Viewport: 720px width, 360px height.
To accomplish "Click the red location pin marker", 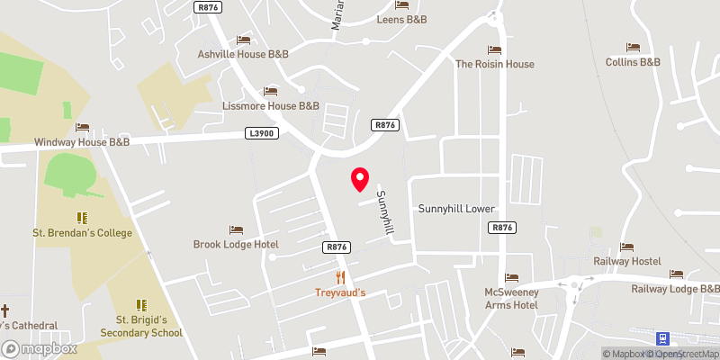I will [x=360, y=179].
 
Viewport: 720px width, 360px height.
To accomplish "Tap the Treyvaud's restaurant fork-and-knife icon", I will [x=340, y=277].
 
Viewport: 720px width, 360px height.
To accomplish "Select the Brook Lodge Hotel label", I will [x=236, y=244].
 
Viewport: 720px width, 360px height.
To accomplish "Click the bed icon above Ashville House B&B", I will [x=242, y=40].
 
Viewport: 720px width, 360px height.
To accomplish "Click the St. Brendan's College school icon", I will [x=82, y=218].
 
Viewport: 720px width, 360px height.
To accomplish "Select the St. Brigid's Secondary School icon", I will [x=140, y=305].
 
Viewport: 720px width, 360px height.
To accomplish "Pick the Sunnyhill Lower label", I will [x=456, y=209].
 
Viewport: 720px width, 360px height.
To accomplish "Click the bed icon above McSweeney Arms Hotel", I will [x=511, y=277].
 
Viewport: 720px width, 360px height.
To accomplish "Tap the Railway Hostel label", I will [x=627, y=261].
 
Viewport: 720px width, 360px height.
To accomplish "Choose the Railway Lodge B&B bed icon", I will [x=675, y=274].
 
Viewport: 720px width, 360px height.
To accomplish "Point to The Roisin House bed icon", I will [x=493, y=49].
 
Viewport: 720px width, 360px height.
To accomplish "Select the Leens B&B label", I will [x=401, y=19].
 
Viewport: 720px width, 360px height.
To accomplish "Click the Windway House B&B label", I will [x=82, y=142].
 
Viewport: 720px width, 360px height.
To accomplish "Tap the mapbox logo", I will [x=40, y=348].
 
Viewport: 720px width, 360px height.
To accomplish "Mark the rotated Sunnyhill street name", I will [x=385, y=213].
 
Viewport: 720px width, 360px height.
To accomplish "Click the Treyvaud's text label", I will [x=339, y=292].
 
